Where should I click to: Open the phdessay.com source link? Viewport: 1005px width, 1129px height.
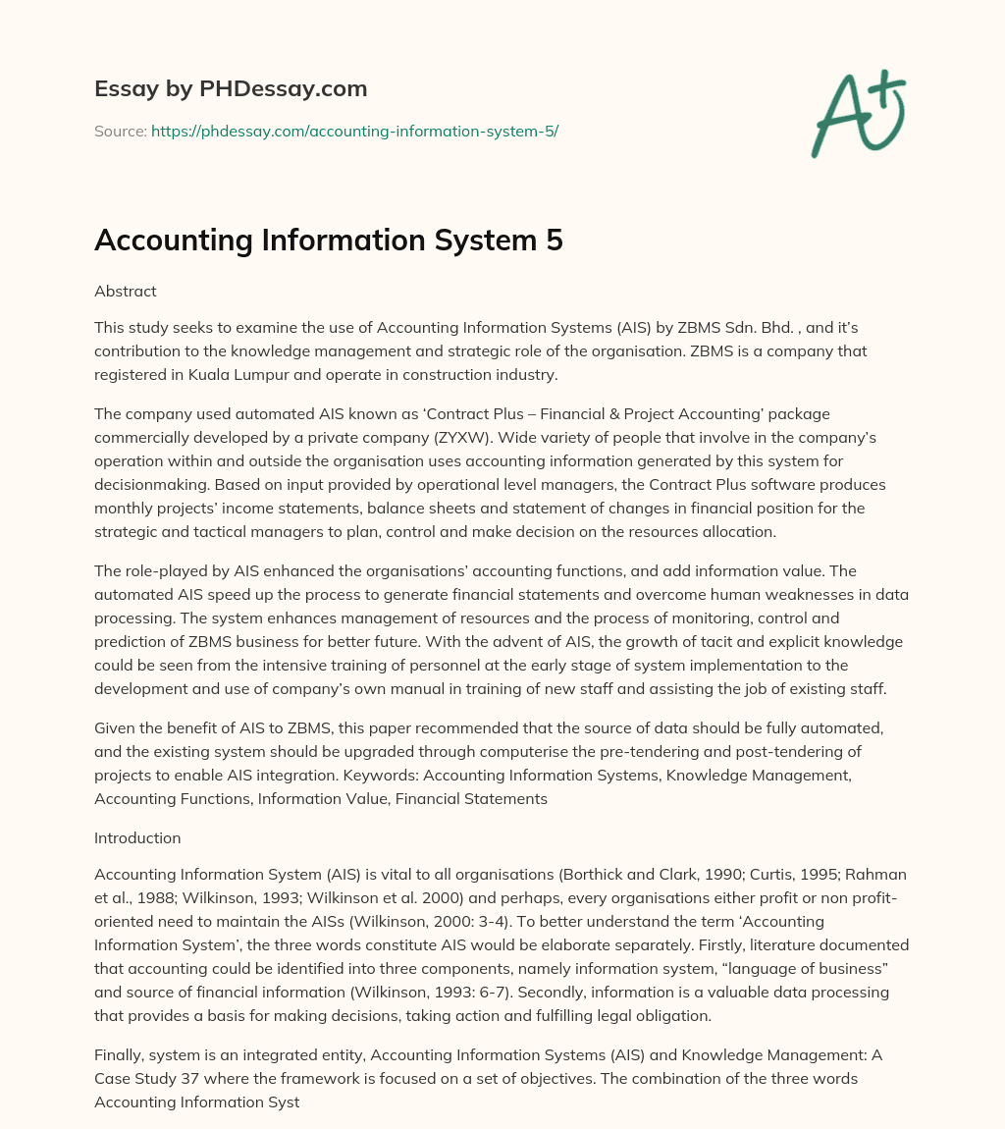coord(354,131)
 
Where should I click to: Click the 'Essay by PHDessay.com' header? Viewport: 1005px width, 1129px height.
coord(231,89)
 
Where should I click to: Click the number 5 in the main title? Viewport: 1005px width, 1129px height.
coord(554,241)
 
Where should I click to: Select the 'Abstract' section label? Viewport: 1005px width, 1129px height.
coord(126,291)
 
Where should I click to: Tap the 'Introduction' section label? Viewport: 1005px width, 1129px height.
coord(137,837)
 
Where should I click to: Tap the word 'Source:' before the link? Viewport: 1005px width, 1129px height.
coord(120,131)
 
